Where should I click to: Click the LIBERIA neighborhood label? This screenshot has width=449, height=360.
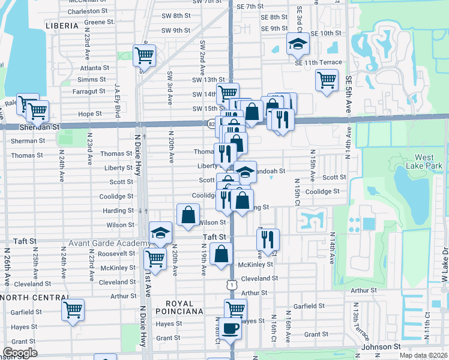tap(62, 26)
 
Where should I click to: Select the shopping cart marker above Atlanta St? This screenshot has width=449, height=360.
tap(144, 56)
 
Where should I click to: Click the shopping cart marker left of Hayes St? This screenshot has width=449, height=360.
tap(73, 310)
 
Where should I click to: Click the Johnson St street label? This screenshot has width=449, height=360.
tap(380, 347)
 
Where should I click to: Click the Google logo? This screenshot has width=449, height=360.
tap(19, 352)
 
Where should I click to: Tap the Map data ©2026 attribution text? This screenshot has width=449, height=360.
tap(423, 355)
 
